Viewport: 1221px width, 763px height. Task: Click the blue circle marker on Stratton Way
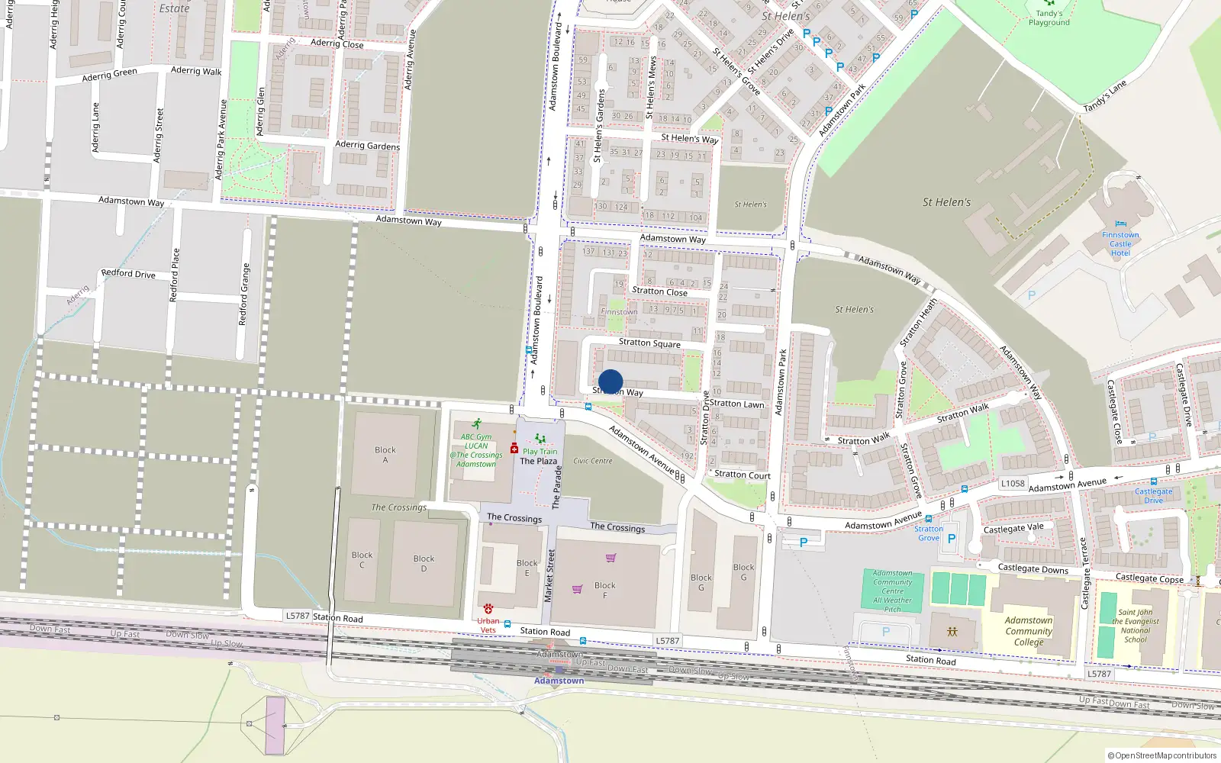pos(610,381)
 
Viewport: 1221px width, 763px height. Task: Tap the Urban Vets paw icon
pos(488,608)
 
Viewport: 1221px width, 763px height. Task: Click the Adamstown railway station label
pos(559,681)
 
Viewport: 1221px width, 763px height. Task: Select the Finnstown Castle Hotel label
pos(1120,244)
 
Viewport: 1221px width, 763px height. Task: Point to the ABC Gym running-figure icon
pos(477,423)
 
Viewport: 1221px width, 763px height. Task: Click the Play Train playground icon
pos(540,439)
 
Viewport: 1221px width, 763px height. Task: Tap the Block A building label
pos(385,455)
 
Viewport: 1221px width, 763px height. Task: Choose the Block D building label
pos(424,563)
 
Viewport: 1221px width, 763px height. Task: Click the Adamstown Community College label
pos(1028,631)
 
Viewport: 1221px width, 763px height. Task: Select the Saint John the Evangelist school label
pos(1136,626)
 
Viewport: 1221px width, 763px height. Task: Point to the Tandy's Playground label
pos(1049,18)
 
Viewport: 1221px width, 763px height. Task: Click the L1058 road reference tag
pos(1013,483)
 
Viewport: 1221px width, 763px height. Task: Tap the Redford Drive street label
pos(128,273)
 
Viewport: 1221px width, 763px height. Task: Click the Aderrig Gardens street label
pos(367,145)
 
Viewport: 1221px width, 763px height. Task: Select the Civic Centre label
pos(593,461)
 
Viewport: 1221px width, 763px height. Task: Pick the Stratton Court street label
pos(742,475)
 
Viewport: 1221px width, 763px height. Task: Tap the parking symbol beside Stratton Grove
pos(951,539)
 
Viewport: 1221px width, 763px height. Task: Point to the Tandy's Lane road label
pos(1105,97)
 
